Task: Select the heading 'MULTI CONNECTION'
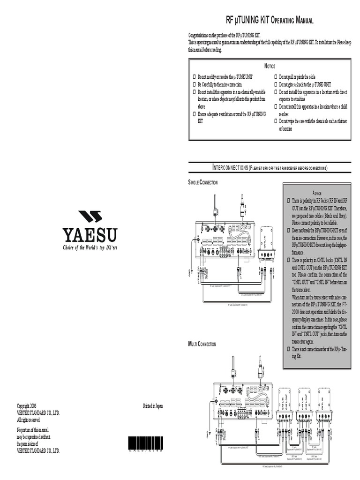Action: tap(202, 344)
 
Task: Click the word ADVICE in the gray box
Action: tap(317, 193)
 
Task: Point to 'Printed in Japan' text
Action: tap(153, 406)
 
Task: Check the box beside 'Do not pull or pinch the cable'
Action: tap(276, 77)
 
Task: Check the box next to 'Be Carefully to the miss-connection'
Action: tap(195, 84)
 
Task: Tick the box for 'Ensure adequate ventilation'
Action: tap(195, 114)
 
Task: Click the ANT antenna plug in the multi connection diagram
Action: tap(233, 367)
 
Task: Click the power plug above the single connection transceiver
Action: tap(242, 206)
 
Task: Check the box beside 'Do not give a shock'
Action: tap(276, 84)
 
